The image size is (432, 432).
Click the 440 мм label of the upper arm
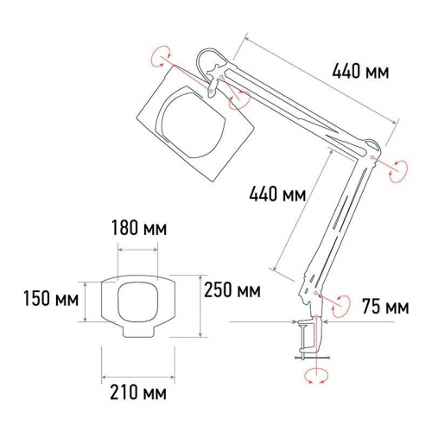(360, 71)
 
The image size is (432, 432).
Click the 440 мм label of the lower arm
(277, 194)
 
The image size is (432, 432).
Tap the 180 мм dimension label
(139, 228)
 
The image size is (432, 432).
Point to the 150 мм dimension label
(51, 298)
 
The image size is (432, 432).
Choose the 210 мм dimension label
(138, 392)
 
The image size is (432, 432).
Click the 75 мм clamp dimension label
(385, 307)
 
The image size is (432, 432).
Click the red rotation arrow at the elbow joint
(398, 171)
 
